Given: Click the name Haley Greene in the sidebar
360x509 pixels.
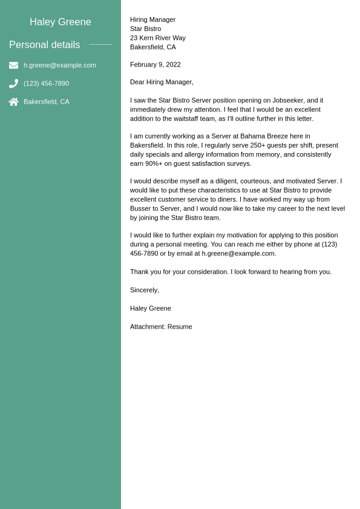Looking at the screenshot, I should tap(61, 22).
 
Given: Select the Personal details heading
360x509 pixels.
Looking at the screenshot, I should tap(44, 45).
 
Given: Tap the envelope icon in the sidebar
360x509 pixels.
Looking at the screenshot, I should tap(13, 65).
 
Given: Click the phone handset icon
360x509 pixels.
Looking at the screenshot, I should tap(13, 84).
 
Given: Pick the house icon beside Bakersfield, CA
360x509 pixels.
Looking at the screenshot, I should tap(13, 102).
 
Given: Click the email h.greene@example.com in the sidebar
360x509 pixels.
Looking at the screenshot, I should tap(60, 65).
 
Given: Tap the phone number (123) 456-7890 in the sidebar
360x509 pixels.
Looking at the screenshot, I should tap(46, 84).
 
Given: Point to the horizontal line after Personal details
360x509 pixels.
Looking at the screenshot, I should tap(100, 45).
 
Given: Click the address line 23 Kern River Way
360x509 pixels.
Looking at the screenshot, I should tap(158, 38).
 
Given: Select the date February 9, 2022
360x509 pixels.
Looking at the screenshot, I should tap(155, 65).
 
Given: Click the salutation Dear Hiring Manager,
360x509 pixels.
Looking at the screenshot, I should tap(162, 82).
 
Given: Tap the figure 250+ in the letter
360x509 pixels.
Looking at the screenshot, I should tap(258, 145).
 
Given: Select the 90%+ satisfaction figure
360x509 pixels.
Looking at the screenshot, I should tap(156, 163).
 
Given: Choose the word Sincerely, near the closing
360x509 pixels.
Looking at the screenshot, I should tap(145, 290).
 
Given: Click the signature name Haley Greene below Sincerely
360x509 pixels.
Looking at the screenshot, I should tap(151, 308).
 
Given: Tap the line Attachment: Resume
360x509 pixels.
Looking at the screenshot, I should tap(161, 327).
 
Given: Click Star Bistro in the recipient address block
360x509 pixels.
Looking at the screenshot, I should tap(146, 28).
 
